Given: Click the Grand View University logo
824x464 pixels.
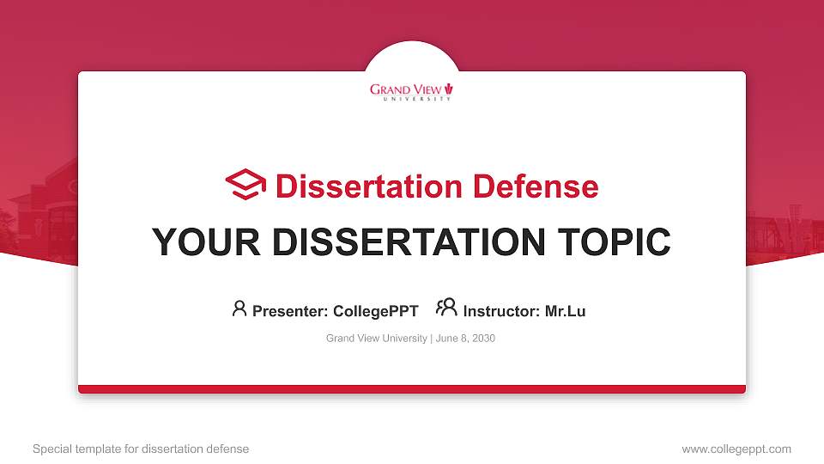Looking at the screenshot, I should click(x=411, y=91).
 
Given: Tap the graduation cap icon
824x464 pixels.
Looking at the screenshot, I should click(x=245, y=185).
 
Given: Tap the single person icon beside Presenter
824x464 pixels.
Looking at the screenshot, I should click(x=239, y=308).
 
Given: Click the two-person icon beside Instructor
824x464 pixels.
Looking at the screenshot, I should click(x=446, y=308).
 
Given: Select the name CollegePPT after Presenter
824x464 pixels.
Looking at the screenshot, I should click(x=375, y=311).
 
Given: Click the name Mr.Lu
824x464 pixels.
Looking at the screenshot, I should click(x=565, y=311).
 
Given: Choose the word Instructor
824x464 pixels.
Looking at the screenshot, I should click(x=501, y=311).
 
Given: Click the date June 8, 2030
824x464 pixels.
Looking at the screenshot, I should click(x=465, y=339).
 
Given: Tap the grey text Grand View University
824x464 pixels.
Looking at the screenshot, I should click(x=376, y=339).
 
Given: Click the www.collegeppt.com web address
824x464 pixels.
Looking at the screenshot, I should click(x=736, y=449).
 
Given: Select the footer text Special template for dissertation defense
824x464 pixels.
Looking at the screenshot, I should click(x=141, y=449).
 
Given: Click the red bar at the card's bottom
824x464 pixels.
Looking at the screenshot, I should click(x=412, y=389).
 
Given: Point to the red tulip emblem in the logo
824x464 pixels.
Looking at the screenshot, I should click(x=449, y=88).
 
